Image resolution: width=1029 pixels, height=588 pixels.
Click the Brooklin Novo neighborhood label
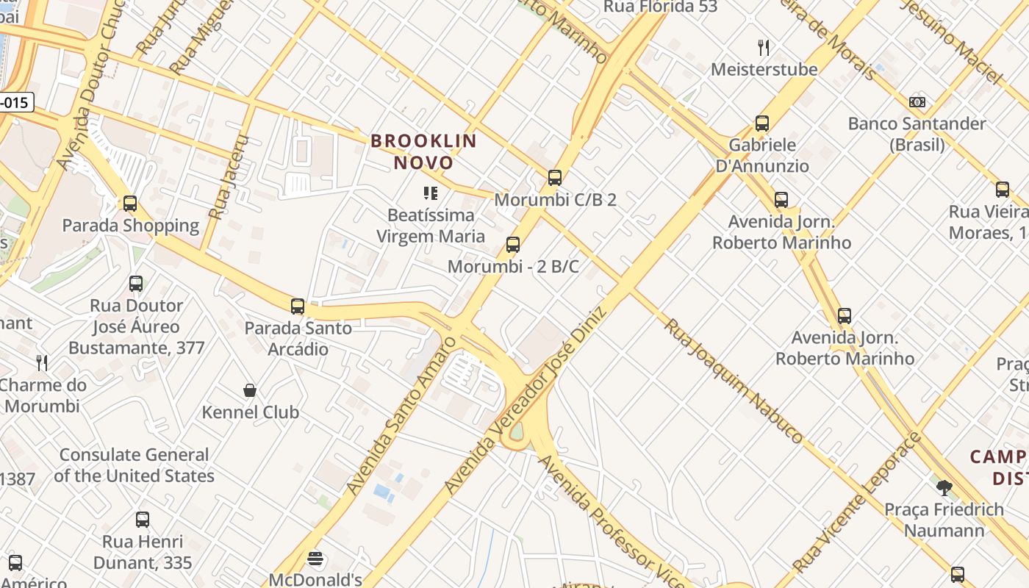point(424,151)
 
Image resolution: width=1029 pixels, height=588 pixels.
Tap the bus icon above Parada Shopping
point(130,204)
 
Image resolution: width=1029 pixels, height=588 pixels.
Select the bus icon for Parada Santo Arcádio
point(298,306)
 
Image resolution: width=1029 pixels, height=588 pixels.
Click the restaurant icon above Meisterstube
point(764,49)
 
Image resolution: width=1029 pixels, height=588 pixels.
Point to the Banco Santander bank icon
point(917,102)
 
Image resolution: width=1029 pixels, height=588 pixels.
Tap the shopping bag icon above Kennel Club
point(250,390)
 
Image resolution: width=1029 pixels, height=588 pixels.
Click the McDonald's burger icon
point(315,559)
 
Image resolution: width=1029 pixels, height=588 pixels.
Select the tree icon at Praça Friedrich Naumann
point(944,487)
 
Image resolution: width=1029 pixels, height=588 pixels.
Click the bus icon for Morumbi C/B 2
point(555,178)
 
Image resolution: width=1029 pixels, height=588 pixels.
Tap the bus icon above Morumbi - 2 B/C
point(513,245)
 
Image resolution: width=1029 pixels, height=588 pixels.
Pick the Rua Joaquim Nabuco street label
point(734,380)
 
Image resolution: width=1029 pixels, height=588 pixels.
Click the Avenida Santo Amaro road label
point(401,415)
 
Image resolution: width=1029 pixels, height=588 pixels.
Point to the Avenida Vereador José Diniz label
point(525,401)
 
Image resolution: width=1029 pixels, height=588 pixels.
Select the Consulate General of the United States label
point(134,465)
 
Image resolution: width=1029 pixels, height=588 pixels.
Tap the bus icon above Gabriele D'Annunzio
point(762,123)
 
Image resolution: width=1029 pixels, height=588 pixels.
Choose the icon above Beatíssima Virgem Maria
point(431,193)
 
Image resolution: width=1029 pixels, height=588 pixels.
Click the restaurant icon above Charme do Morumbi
point(43,362)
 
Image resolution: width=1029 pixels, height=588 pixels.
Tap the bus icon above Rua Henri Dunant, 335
point(143,520)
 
